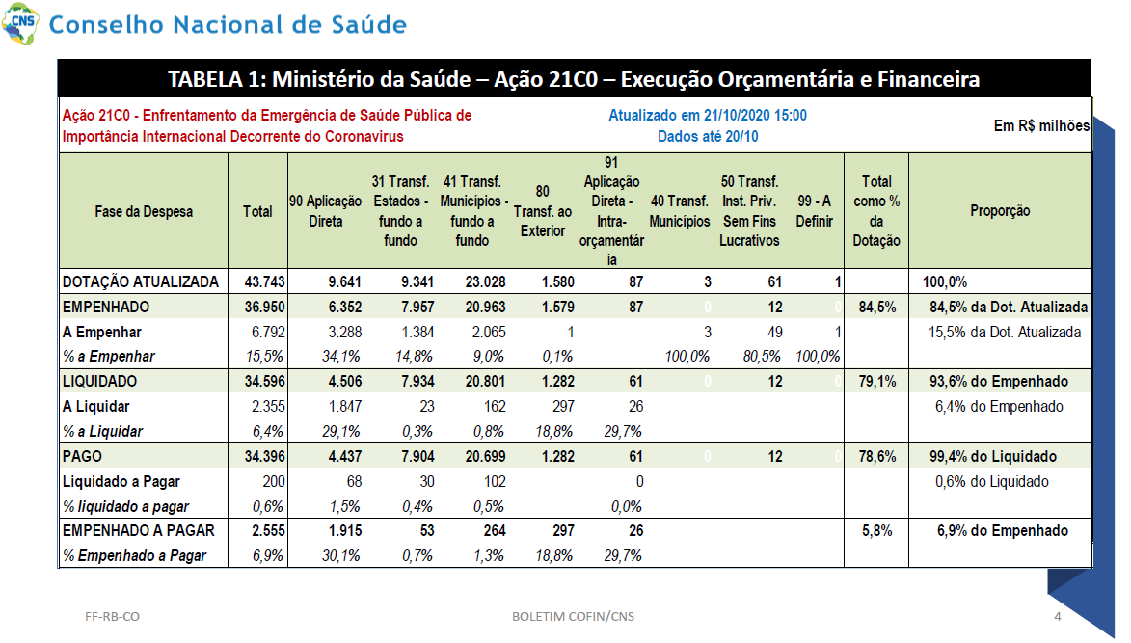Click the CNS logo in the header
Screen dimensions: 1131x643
20,23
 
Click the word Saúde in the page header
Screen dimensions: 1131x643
368,24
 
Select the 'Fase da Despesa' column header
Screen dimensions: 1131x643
144,211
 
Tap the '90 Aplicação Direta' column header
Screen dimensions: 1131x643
325,211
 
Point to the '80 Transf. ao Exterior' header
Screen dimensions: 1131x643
543,211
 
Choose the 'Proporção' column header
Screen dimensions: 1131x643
1000,210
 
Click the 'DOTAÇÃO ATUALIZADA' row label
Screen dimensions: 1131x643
140,281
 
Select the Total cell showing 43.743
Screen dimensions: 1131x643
265,281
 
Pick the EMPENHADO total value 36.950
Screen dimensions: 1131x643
265,308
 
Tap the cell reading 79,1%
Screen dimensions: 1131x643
877,382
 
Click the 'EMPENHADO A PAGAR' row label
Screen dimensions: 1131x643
139,530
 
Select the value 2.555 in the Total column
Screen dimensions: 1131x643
268,530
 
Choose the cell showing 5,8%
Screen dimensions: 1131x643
877,530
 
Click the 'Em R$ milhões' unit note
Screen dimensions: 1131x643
1041,125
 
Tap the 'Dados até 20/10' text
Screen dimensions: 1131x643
708,136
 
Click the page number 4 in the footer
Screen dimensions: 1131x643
1058,616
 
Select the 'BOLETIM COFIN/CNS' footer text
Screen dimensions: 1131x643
574,616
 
